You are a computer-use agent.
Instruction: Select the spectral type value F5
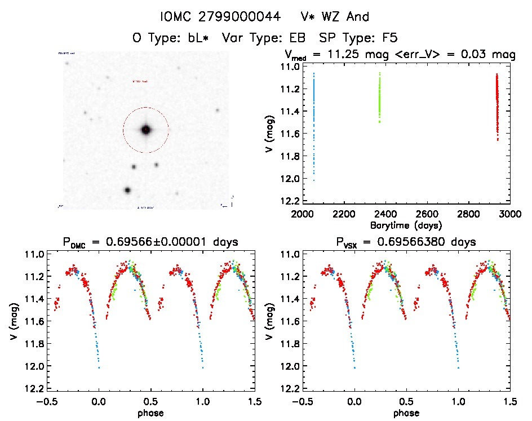(389, 38)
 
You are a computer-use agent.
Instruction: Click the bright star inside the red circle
(146, 130)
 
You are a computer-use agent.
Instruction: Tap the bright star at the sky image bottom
(128, 190)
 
